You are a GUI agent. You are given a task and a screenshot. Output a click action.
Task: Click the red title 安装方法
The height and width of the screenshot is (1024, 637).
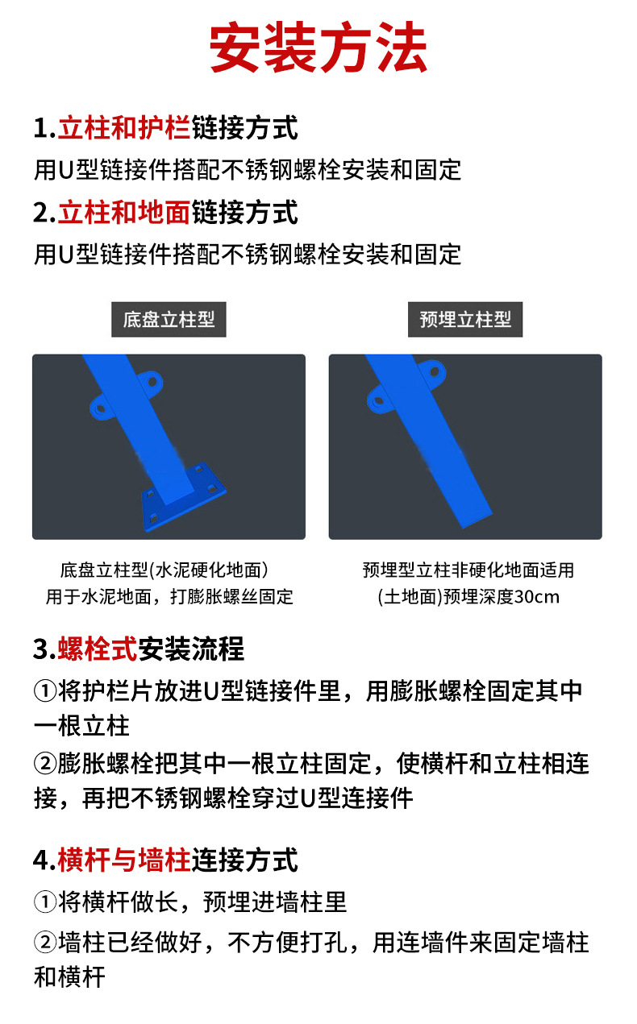[x=318, y=50]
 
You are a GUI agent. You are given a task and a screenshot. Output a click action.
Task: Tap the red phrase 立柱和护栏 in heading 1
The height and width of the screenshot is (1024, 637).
[x=123, y=128]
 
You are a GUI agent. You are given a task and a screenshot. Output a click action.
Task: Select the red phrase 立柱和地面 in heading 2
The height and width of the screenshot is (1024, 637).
[x=123, y=213]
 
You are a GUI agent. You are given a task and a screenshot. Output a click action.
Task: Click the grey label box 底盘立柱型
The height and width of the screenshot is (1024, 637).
[x=169, y=320]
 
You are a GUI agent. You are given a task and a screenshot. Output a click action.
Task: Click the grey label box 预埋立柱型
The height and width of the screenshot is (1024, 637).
[x=465, y=320]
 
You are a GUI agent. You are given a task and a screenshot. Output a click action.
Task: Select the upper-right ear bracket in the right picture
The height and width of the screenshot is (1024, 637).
[x=434, y=373]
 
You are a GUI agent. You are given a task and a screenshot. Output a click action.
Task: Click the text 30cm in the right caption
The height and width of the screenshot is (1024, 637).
[x=536, y=597]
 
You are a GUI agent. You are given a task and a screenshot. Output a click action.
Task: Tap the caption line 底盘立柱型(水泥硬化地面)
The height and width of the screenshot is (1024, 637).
[x=164, y=570]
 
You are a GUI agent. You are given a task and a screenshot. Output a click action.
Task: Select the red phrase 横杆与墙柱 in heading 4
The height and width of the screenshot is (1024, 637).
[x=123, y=860]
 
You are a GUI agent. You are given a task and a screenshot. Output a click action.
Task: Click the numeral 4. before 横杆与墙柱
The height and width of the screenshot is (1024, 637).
[x=44, y=860]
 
